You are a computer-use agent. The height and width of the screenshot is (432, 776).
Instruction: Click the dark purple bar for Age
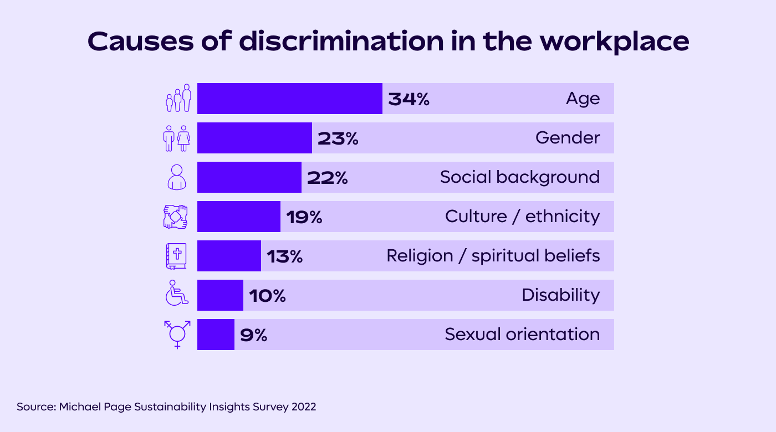(x=289, y=99)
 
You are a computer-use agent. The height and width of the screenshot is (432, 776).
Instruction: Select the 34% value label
(x=409, y=99)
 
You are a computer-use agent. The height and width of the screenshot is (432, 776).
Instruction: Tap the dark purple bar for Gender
(x=254, y=138)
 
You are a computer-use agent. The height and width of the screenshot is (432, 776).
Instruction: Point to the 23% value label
(x=338, y=138)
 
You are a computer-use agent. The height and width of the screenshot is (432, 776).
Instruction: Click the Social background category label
(x=519, y=177)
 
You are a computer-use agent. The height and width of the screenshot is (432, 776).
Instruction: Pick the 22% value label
(x=327, y=178)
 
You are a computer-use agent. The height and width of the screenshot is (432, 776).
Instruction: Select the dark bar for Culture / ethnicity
(x=238, y=217)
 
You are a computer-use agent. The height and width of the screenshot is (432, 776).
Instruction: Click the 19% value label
(x=304, y=217)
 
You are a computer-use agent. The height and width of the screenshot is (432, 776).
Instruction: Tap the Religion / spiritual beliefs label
(x=493, y=256)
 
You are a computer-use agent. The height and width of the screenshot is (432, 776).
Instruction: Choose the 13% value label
(x=284, y=256)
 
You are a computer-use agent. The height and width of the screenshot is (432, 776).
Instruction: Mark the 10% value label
(x=267, y=296)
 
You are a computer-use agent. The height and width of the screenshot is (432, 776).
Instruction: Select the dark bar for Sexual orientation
(x=216, y=335)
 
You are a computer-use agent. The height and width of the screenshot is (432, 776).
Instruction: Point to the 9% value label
(x=253, y=335)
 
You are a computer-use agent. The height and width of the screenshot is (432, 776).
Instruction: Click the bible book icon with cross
(x=177, y=256)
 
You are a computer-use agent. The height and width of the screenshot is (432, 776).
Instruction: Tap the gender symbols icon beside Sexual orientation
(x=177, y=334)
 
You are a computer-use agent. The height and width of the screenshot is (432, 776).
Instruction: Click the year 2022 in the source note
(x=303, y=407)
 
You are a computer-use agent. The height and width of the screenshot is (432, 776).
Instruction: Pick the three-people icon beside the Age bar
(x=178, y=99)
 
